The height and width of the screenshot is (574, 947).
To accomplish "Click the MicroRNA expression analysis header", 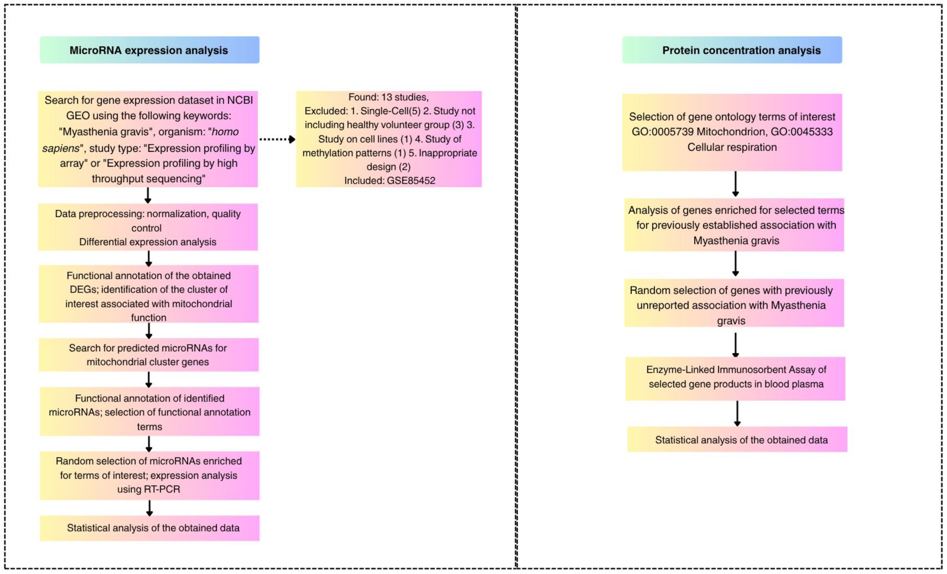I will click(149, 50).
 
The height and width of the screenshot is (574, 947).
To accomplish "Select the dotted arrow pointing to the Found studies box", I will click(277, 139).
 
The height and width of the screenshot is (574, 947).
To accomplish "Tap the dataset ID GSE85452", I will click(411, 180).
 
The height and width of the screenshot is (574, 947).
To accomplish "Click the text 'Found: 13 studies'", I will click(388, 97).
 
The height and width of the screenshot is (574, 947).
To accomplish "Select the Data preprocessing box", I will click(148, 227).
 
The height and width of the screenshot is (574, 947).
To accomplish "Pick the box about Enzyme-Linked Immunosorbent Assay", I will click(736, 377).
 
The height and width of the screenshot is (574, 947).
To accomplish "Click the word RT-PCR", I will click(162, 489).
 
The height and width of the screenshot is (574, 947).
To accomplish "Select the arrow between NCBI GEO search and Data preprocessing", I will click(148, 195).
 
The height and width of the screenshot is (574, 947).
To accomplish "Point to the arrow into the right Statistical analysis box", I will click(737, 413).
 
